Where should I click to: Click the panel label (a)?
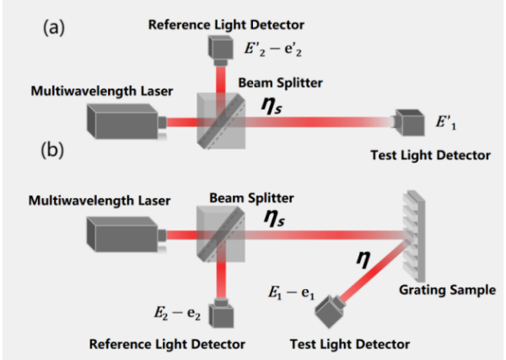(x=54, y=28)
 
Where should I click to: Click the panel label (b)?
(x=52, y=150)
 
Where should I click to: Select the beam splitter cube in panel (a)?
(x=221, y=121)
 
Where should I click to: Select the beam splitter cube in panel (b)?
(x=221, y=234)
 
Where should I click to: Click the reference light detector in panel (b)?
(x=221, y=313)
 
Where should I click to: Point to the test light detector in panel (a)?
(x=408, y=122)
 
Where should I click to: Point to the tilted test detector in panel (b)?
(x=330, y=310)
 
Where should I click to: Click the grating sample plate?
(x=414, y=236)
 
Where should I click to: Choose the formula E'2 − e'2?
(x=273, y=50)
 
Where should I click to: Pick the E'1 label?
(x=446, y=122)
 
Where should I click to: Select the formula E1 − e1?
(x=292, y=293)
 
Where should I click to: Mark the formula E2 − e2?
(x=177, y=313)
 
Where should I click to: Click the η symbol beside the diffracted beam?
(x=363, y=259)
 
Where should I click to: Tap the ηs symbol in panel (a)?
(x=272, y=105)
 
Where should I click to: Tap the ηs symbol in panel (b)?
(x=274, y=218)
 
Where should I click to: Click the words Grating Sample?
(x=447, y=290)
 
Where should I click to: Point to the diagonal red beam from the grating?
(x=374, y=271)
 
